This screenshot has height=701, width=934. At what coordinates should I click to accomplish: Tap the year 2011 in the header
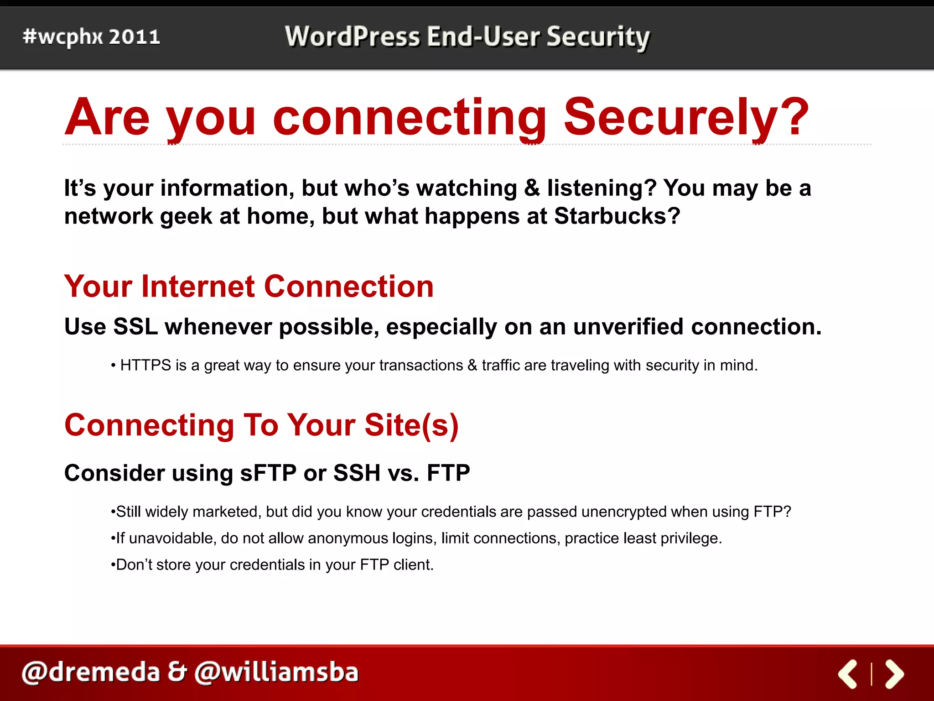pos(135,37)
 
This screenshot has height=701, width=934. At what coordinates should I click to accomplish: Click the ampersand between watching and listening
pos(532,188)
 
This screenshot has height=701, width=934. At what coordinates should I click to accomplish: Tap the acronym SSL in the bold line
pos(135,327)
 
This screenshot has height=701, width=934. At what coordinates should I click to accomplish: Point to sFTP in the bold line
pos(268,473)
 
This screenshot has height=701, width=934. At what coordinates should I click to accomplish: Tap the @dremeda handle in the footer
pos(91,673)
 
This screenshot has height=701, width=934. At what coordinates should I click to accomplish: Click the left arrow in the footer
pos(848,674)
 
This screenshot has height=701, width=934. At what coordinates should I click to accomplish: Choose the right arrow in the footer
pos(894,674)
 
